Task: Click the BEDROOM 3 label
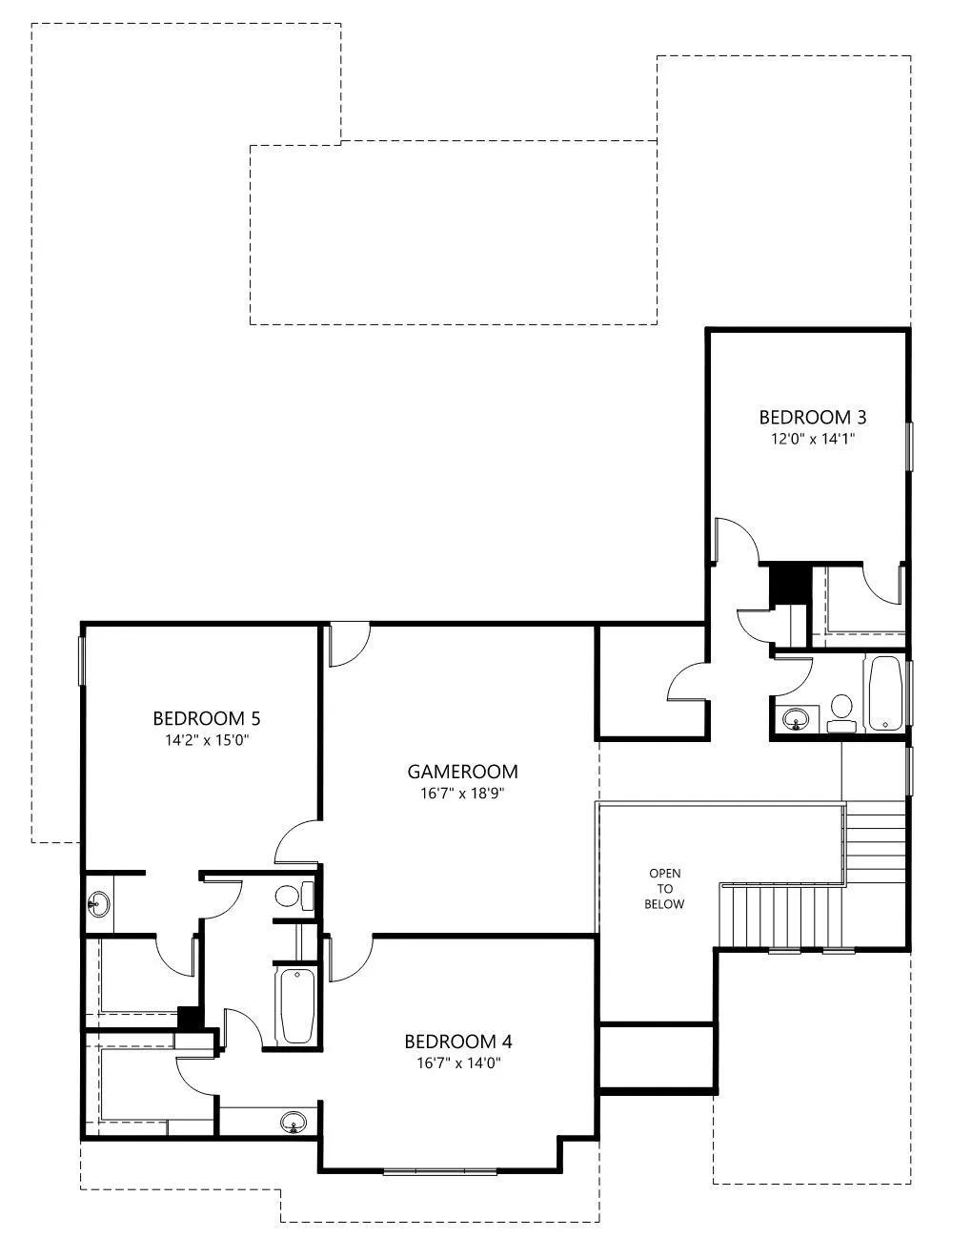(x=813, y=417)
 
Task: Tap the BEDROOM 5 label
(x=207, y=718)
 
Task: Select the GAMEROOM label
(x=462, y=772)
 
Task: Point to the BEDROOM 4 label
(x=458, y=1042)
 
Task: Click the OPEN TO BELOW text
(x=664, y=888)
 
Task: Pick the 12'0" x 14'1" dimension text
(x=813, y=439)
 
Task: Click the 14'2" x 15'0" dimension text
(x=207, y=740)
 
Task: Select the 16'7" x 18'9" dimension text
(x=462, y=794)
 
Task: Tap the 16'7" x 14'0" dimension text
(x=458, y=1063)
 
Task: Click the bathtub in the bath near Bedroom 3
(x=883, y=693)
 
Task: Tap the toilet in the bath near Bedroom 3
(x=841, y=713)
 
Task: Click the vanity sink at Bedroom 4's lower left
(x=294, y=1123)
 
